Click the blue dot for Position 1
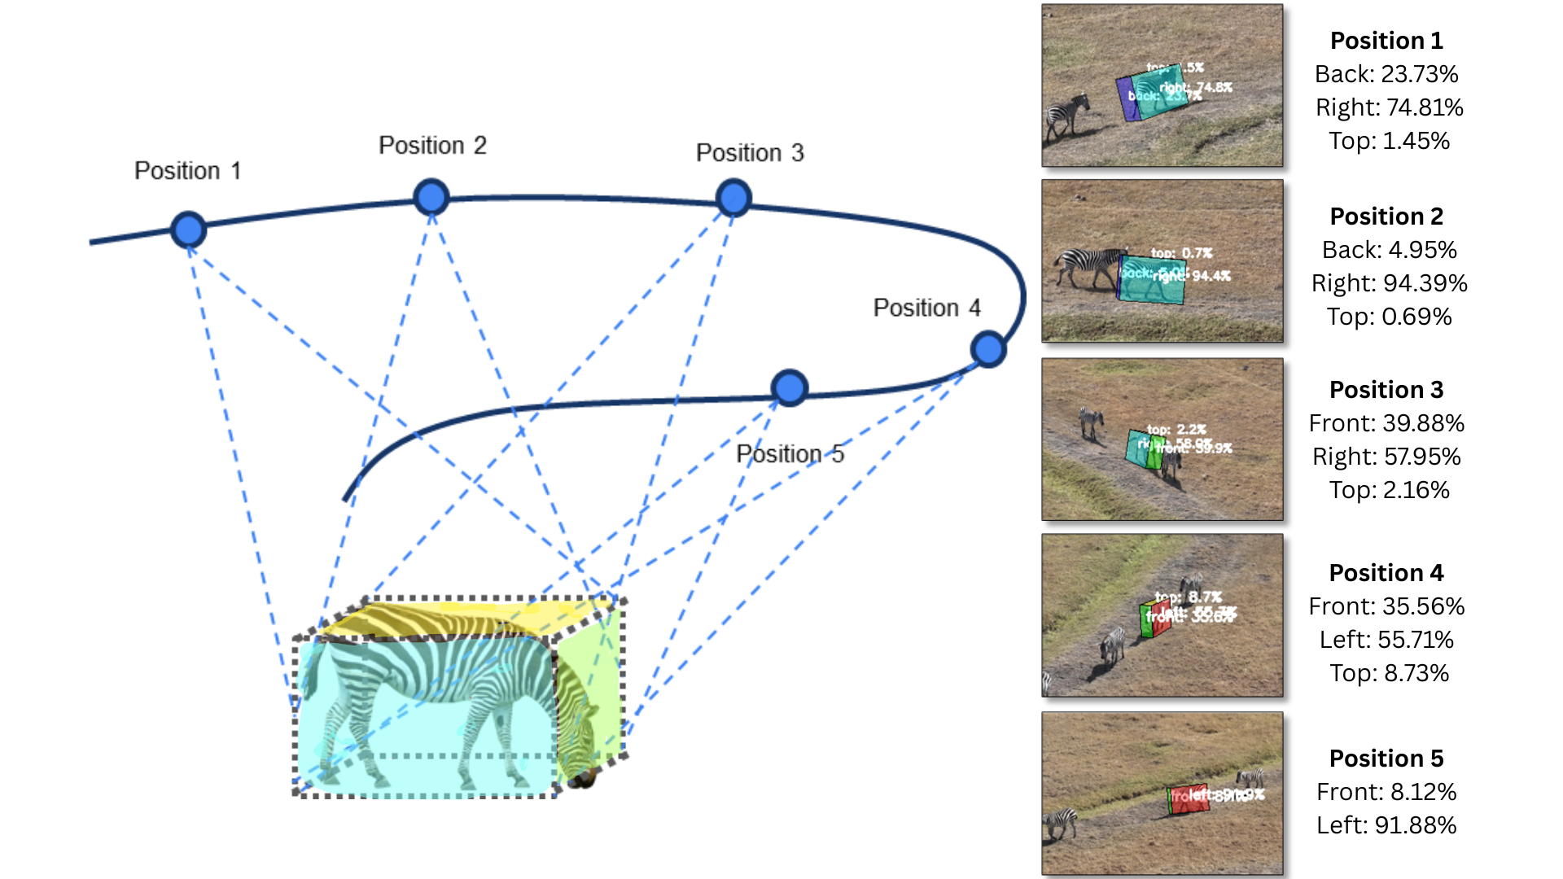point(189,230)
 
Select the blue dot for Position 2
point(431,197)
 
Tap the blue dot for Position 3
point(733,199)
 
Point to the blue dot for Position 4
point(988,349)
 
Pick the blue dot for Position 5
point(789,388)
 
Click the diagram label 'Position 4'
point(926,308)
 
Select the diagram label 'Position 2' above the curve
point(432,146)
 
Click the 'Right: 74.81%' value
point(1389,107)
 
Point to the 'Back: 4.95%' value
point(1389,250)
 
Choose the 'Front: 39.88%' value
point(1386,423)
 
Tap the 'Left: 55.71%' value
point(1386,640)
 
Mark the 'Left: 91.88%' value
point(1386,825)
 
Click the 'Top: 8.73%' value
point(1389,673)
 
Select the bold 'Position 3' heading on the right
point(1386,390)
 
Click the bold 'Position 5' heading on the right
point(1386,759)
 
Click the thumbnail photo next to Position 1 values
point(1162,85)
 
